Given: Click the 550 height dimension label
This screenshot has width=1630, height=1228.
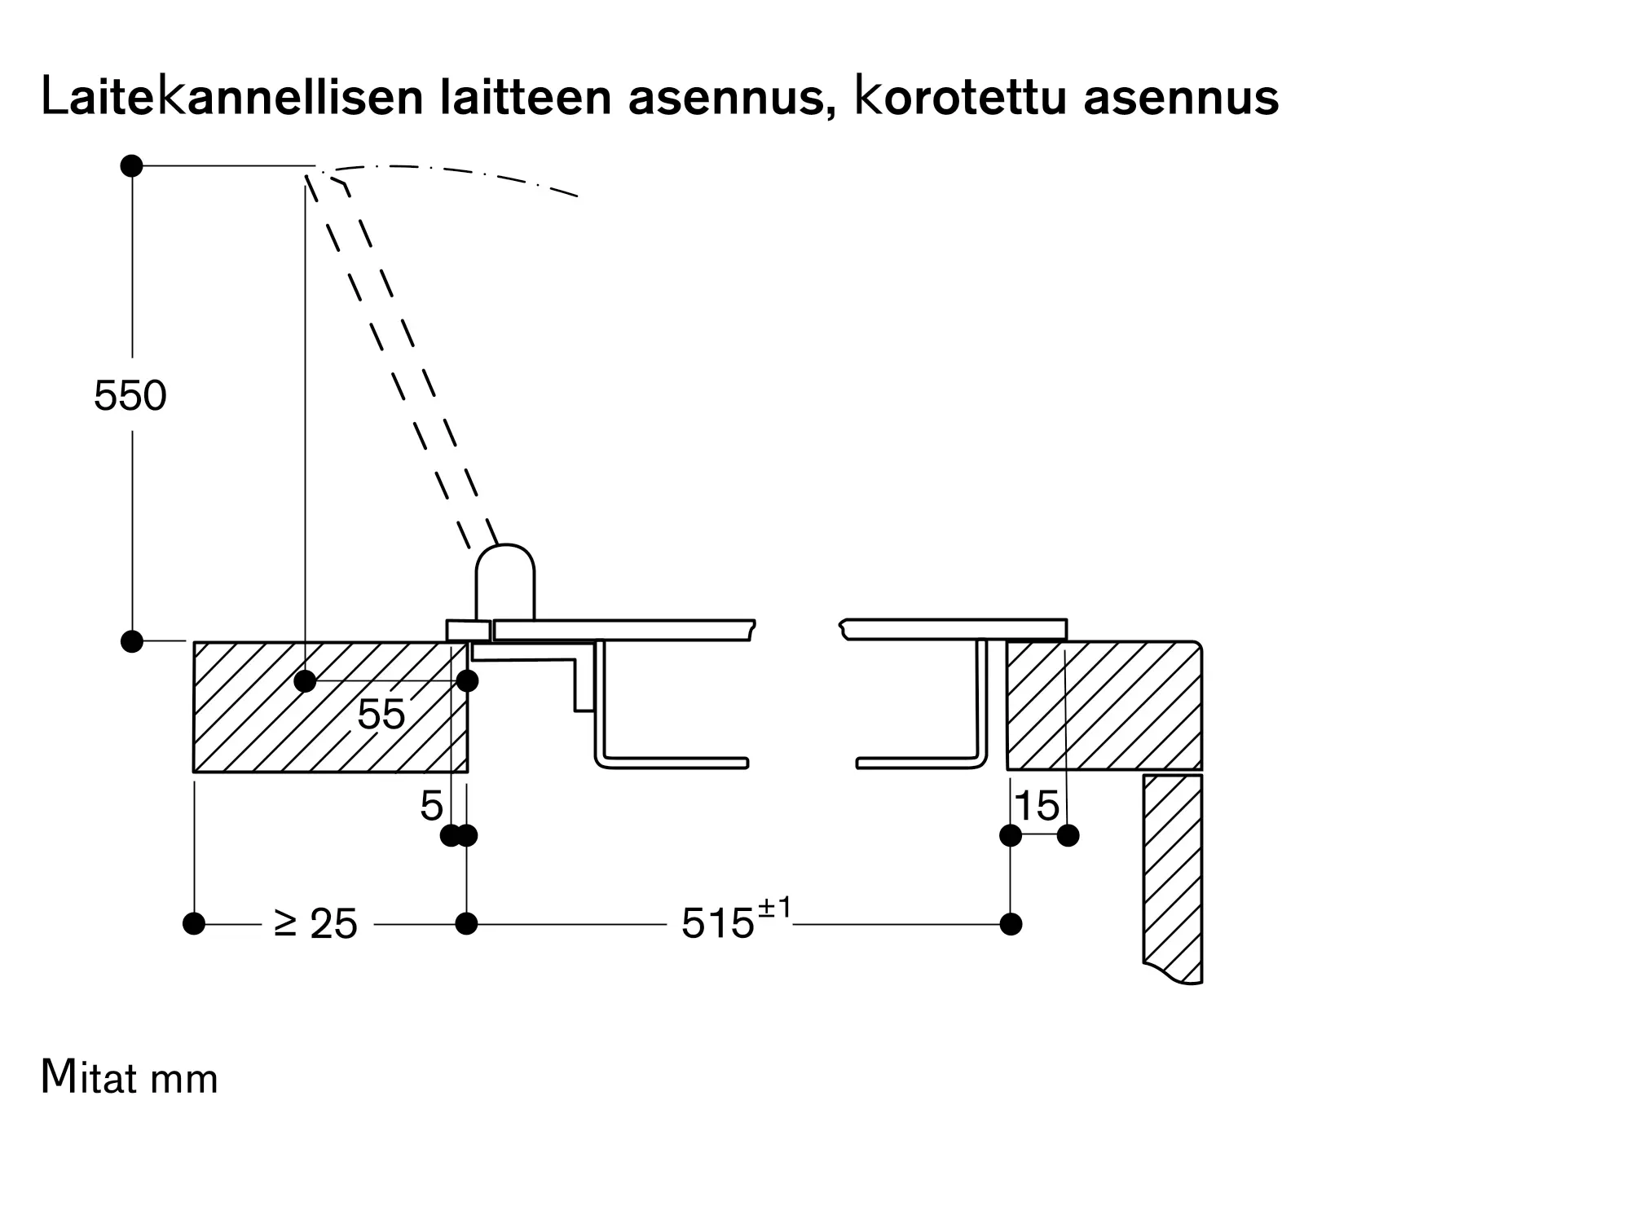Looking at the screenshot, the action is click(130, 396).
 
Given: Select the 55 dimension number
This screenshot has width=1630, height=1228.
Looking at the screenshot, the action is click(381, 715).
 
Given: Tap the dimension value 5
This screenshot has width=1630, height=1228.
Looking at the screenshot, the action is click(431, 807).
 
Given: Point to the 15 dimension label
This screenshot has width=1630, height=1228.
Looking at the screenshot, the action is click(1037, 807).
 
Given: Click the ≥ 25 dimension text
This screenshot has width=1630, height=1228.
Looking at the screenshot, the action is click(315, 924).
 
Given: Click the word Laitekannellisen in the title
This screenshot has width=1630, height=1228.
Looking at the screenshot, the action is click(231, 98).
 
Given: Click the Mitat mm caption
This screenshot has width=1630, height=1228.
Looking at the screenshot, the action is click(130, 1077).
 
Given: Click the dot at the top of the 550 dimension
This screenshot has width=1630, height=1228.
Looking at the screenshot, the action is click(132, 166).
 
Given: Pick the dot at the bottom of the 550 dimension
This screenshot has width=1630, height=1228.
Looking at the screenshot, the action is click(132, 641).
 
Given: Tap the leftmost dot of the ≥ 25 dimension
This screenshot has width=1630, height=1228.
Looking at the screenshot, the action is click(194, 924).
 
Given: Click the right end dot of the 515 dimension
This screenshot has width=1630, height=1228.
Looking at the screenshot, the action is click(1011, 924).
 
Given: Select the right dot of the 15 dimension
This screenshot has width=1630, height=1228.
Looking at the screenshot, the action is click(1068, 835).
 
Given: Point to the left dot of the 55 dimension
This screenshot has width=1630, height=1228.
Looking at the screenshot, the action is click(305, 681).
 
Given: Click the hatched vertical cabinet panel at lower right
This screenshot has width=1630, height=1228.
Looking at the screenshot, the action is click(1173, 876).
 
